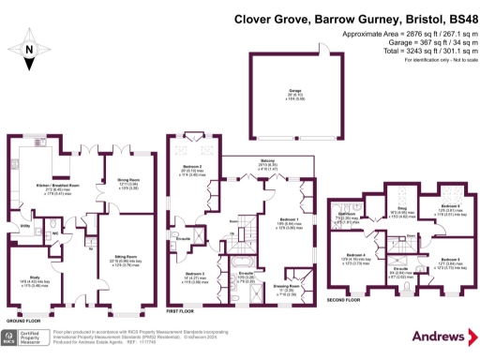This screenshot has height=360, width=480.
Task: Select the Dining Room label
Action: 127,182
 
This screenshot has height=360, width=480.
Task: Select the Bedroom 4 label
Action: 356,254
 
